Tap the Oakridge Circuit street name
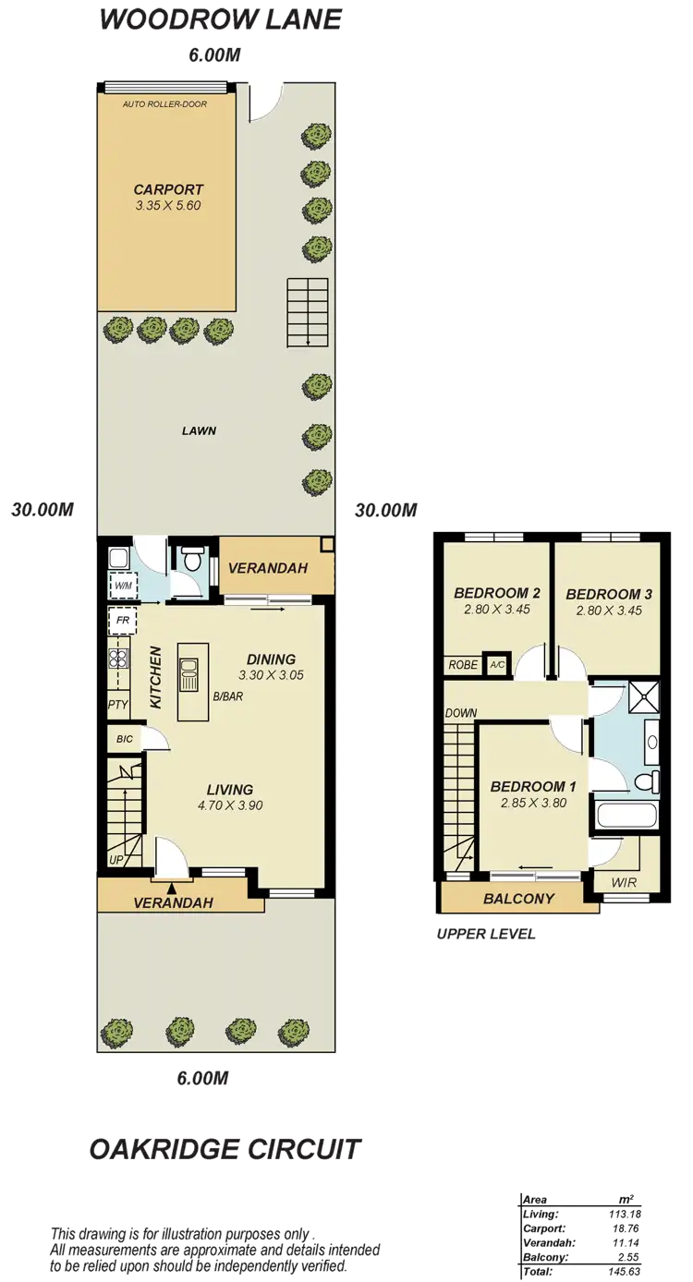225,1150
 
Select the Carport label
166,189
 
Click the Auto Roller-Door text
164,104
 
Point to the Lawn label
199,429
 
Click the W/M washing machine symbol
122,585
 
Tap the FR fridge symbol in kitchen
122,620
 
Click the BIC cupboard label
124,739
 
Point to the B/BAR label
227,695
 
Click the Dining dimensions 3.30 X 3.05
271,675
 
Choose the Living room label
230,790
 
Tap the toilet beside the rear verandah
193,560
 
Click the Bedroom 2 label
497,593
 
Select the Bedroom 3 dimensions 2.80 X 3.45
608,610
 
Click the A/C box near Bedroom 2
497,665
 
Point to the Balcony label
518,898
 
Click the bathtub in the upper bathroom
625,816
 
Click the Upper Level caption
486,934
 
